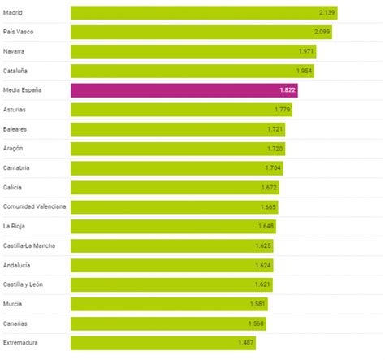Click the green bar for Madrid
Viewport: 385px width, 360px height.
click(203, 12)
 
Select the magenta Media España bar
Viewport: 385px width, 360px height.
click(184, 90)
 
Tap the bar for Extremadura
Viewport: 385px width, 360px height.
click(162, 342)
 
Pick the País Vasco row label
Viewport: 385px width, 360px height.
click(21, 32)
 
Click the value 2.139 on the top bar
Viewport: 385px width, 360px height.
click(327, 13)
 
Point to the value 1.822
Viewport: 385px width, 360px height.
click(288, 90)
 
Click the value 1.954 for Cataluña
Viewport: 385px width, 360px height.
click(303, 71)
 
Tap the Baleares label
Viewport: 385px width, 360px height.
click(18, 129)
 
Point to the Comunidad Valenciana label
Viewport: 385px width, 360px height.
click(35, 206)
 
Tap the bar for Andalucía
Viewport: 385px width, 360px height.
click(171, 265)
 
